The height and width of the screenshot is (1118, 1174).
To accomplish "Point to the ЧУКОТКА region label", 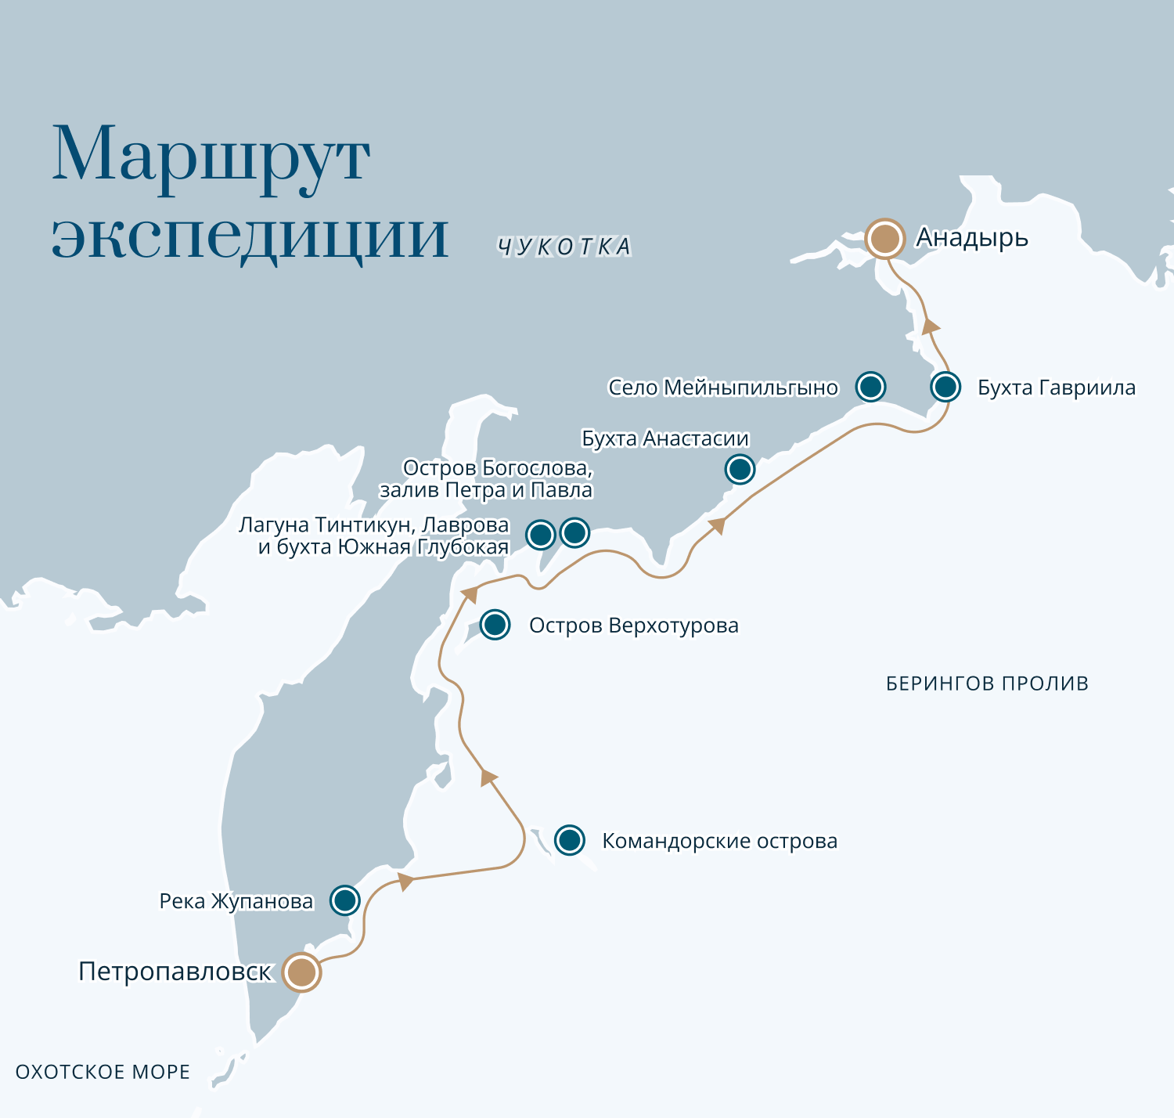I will click(564, 247).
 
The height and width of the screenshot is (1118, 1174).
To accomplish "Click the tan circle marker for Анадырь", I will click(884, 238).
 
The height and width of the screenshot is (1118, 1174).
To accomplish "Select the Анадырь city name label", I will click(972, 237).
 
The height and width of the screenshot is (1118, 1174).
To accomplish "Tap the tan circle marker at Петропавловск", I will click(301, 972).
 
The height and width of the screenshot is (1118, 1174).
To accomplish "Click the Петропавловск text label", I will click(175, 972).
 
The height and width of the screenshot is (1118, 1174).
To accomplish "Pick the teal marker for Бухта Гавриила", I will click(945, 387).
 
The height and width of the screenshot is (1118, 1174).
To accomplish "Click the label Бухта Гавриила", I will click(1056, 388).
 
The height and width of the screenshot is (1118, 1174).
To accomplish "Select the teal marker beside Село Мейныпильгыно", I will click(870, 387).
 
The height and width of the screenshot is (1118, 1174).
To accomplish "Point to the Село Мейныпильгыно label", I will click(722, 388).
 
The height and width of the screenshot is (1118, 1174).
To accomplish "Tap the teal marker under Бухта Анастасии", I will click(740, 469).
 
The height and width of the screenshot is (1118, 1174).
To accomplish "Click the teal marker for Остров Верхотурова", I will click(495, 625).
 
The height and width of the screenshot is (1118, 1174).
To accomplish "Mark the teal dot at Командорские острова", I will click(570, 840).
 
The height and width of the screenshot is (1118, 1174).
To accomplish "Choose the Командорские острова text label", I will click(719, 842).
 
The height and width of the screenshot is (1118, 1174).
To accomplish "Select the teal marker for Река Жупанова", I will click(345, 900).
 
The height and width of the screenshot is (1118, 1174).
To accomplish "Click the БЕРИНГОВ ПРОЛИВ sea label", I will click(987, 683).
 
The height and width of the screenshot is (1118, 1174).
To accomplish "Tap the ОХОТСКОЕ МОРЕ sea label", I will click(103, 1072).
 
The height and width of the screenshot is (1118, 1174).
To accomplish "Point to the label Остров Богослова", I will click(497, 468).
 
